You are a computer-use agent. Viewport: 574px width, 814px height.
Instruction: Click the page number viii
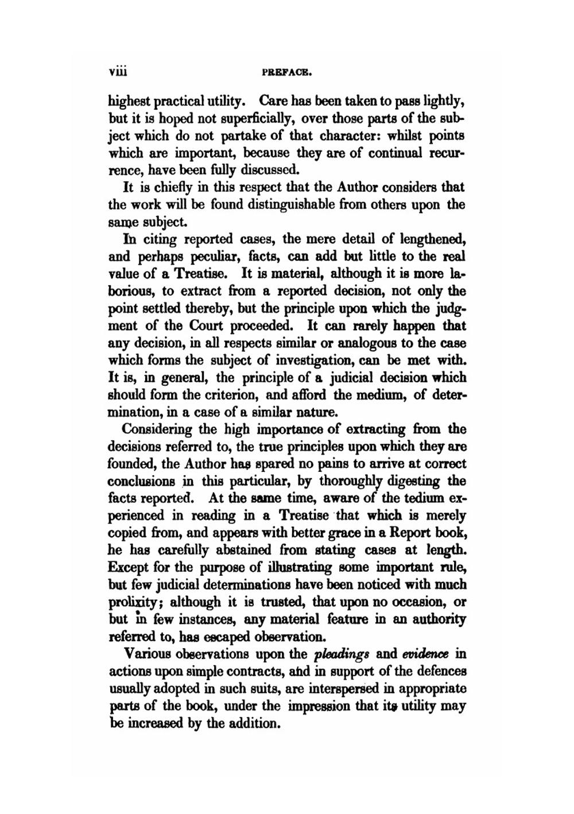coord(117,73)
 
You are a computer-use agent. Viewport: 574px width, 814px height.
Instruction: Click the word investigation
coord(294,361)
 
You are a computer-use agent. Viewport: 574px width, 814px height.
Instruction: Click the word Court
coord(207,325)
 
